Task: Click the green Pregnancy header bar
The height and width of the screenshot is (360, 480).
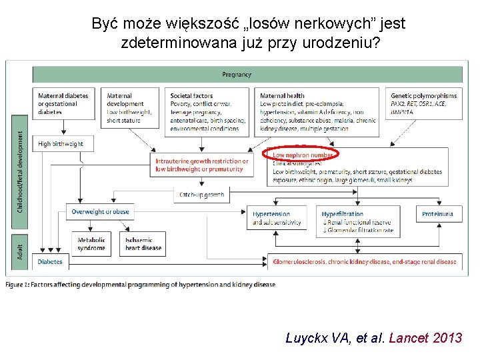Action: pos(247,74)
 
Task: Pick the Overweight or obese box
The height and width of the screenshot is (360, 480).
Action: pos(99,212)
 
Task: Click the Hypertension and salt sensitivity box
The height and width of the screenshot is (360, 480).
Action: pos(276,219)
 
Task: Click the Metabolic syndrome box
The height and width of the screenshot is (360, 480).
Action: pos(91,244)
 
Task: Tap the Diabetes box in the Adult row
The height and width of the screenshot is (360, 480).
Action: pos(50,262)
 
